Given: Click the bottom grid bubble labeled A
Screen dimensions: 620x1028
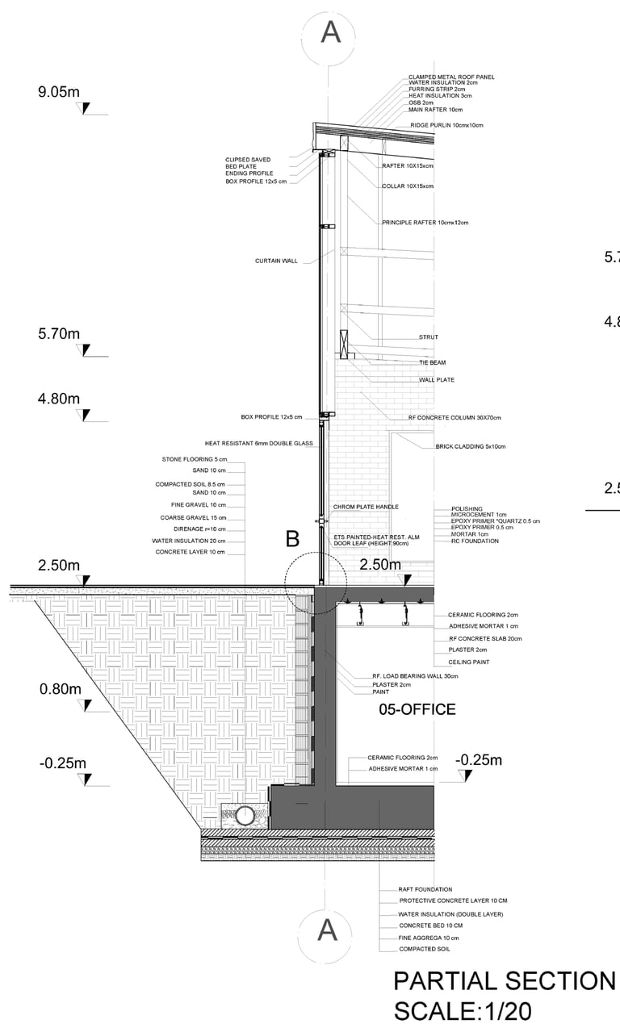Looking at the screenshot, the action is pos(327,930).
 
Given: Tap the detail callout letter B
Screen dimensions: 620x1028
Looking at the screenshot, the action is pos(293,540).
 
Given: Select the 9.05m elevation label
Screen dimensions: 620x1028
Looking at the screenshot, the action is pos(59,92).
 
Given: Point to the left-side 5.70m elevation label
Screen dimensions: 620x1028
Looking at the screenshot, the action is pos(59,333).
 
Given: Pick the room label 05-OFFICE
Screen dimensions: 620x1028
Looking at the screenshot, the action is pos(417,710).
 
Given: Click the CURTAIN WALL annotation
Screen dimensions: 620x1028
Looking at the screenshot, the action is pos(276,261).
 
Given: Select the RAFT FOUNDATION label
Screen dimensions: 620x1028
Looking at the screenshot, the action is pos(425,889).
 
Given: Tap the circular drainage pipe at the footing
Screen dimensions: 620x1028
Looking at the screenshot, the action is pos(245,815).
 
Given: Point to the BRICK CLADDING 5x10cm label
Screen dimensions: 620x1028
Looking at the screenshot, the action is pos(470,445).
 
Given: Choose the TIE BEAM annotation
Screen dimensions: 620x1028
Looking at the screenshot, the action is pos(432,362).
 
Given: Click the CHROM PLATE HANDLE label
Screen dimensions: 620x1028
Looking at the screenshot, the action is pos(366,507).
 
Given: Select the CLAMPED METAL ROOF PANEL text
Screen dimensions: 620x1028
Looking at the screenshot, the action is pos(451,77).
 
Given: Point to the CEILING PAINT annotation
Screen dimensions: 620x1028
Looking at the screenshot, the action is pos(469,662).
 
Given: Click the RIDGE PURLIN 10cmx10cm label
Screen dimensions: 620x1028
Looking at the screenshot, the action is pos(446,126).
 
